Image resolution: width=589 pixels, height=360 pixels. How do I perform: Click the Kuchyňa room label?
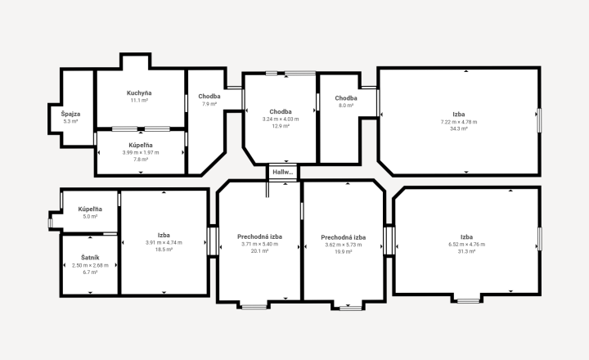(139, 92)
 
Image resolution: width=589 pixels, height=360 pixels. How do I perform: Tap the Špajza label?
(70, 114)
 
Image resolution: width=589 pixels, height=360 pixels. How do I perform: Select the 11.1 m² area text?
(139, 101)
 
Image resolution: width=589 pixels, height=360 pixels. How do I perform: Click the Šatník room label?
(90, 258)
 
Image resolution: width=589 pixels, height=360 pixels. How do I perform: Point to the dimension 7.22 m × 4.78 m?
(459, 122)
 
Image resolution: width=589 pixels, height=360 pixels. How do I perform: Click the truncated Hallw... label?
(283, 172)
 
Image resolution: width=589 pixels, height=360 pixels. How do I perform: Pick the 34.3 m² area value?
(459, 128)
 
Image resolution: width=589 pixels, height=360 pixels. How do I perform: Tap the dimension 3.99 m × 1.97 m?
(141, 152)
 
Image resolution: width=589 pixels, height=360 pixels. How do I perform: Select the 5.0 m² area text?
(90, 217)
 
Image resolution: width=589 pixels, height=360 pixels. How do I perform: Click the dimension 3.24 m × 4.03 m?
(281, 119)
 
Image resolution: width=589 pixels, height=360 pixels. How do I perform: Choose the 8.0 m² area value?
(346, 106)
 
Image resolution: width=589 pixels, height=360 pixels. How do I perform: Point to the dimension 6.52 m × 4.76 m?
(466, 245)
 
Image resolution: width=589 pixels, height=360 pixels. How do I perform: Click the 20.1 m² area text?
(259, 251)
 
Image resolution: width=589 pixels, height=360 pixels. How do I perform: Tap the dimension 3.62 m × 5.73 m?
(344, 245)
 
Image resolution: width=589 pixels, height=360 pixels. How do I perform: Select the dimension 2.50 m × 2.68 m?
(90, 265)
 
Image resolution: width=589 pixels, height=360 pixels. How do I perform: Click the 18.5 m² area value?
(164, 250)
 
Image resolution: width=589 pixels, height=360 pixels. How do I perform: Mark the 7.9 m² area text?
(209, 104)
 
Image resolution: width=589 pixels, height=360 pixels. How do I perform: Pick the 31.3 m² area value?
(466, 251)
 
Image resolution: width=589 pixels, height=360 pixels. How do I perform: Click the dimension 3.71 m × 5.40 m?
(259, 244)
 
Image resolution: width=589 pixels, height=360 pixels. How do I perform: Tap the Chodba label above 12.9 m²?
(281, 111)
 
